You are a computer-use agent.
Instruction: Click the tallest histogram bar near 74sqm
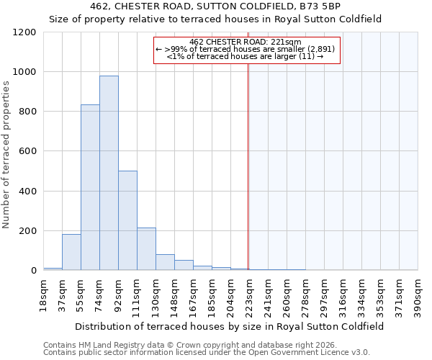point(109,173)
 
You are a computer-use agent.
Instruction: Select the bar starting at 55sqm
point(90,187)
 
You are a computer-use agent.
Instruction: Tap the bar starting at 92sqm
point(127,220)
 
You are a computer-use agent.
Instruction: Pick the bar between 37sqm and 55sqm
point(71,252)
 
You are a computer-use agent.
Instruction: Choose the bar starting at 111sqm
point(146,249)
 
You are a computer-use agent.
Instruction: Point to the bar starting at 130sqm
point(165,263)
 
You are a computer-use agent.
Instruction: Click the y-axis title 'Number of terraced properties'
point(6,155)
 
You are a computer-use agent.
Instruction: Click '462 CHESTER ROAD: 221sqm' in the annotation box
point(246,42)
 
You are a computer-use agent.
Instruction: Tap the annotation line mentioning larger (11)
point(245,55)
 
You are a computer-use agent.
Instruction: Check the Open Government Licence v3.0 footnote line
point(206,352)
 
